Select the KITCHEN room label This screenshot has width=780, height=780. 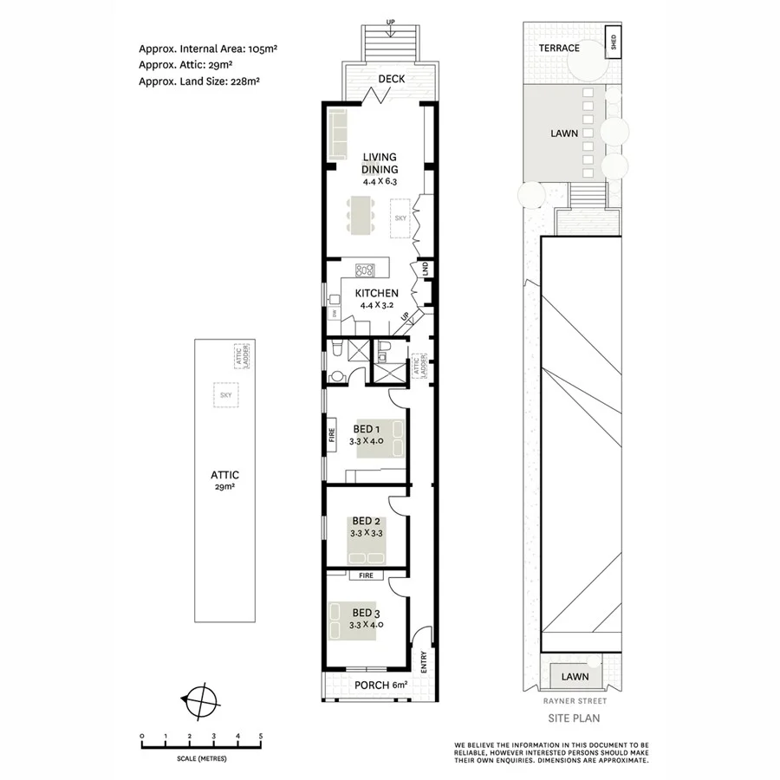point(377,294)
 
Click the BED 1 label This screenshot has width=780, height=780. point(366,429)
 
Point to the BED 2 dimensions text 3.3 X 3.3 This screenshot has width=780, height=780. point(366,532)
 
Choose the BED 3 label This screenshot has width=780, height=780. point(366,614)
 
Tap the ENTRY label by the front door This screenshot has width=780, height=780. point(424,661)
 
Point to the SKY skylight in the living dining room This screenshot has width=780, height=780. point(400,218)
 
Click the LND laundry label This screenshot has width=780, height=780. point(425,270)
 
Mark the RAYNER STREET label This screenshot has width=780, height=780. point(574,701)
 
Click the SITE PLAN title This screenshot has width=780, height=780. point(574,718)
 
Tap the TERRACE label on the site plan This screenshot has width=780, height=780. point(559,48)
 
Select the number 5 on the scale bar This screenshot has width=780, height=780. point(261,736)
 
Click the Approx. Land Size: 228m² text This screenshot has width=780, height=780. point(199,81)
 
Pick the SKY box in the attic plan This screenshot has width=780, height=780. point(227,394)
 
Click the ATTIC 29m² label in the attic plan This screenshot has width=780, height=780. point(224,480)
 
